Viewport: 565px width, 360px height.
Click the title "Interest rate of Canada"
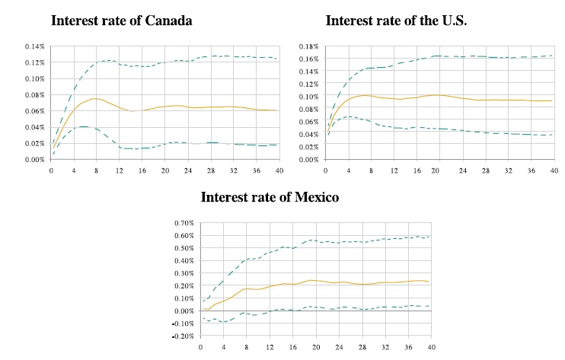(121, 21)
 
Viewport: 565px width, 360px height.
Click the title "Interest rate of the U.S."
(397, 21)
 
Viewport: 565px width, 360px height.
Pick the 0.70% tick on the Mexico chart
(181, 223)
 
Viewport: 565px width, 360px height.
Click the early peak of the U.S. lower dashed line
(349, 116)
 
